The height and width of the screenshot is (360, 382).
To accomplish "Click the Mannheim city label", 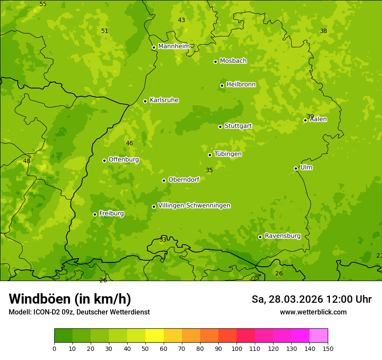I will pos(174,46).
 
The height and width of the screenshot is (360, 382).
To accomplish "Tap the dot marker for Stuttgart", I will pos(220,127).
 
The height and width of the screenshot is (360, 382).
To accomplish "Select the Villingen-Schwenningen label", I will pos(194,206).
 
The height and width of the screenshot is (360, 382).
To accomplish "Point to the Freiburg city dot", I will pos(95,214).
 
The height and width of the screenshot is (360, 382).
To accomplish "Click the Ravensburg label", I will pos(282,236).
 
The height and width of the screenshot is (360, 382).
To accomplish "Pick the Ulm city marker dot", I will pos(296,168).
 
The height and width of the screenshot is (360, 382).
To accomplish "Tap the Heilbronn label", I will pos(241,85).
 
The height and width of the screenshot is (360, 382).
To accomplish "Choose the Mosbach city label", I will pos(233,61).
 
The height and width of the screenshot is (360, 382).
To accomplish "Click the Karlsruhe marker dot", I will pos(145,101).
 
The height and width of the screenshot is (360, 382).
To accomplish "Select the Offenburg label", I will pos(124,160).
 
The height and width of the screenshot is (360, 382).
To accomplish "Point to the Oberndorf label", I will pos(184,180).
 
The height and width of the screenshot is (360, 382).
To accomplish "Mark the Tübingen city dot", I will pos(210,155).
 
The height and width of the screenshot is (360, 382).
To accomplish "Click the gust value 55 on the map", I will pos(43,4).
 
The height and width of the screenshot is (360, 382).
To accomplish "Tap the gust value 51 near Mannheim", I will pos(105,31).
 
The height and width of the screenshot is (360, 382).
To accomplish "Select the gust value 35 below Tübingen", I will pos(209,170).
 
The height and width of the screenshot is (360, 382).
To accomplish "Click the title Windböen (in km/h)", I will pos(70,299).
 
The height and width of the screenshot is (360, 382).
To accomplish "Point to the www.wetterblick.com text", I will pos(313,312).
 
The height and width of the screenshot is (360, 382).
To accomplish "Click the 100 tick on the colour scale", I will pos(237,348).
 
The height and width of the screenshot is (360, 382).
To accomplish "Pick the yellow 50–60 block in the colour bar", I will pos(155,336).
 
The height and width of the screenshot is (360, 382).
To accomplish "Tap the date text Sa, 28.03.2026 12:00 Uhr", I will pos(311,299).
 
